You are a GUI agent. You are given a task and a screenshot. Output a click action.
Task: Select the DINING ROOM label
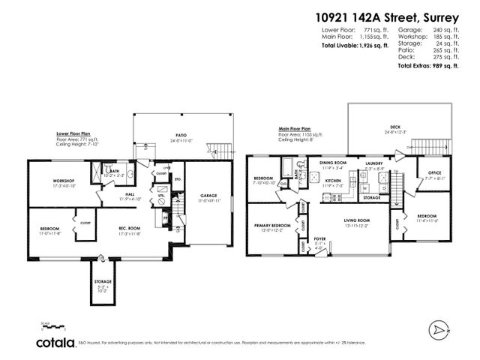[334, 163]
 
